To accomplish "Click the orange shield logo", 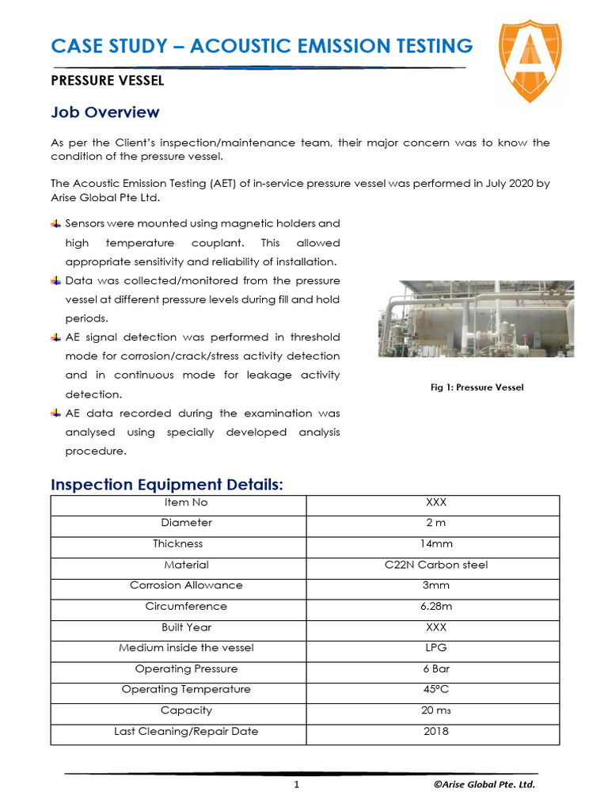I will [530, 62].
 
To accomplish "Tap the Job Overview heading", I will [105, 112].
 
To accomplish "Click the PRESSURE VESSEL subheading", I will [108, 80].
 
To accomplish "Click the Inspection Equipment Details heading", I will [166, 485].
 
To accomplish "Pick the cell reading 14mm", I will [436, 544].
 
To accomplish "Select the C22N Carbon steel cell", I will [436, 565].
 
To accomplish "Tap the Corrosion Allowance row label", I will [186, 585].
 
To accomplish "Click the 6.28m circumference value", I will [436, 606].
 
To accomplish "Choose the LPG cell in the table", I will [436, 648].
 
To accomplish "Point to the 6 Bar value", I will [436, 668].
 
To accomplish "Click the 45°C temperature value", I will [436, 689].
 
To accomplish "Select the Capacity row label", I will [186, 710].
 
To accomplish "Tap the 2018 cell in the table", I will [436, 731].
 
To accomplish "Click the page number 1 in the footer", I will [296, 785].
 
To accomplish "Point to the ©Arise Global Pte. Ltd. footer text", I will [484, 785].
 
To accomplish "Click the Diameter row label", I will [186, 523].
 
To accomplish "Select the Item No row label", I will [186, 502].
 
